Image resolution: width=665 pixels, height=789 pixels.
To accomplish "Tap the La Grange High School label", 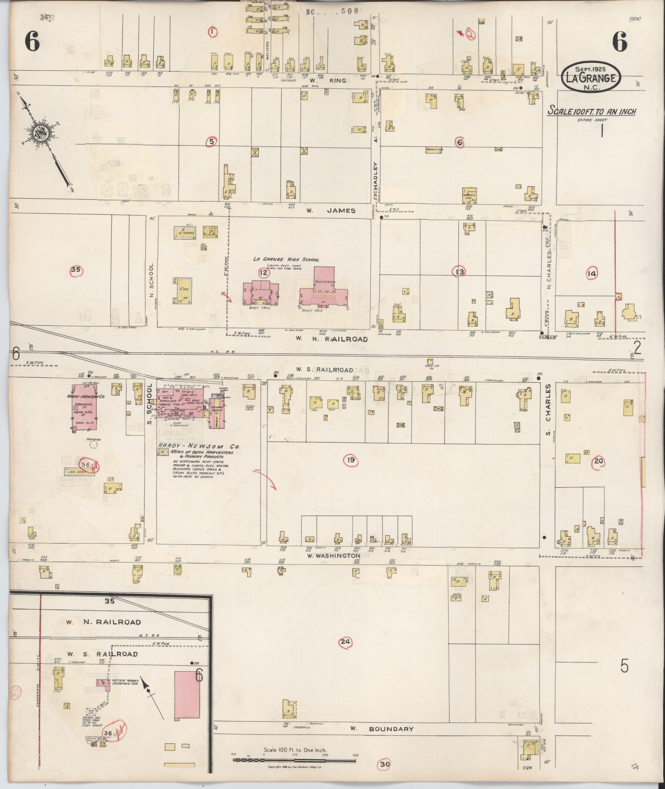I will click(286, 259).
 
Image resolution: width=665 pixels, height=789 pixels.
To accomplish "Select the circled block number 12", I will click(263, 272).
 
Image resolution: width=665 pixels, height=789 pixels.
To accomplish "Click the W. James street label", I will click(331, 210).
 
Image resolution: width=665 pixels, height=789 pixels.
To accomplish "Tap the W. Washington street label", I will click(334, 556).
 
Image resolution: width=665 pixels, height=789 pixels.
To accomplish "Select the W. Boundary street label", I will click(381, 729).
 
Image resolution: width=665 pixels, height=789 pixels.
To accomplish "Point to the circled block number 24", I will click(345, 642).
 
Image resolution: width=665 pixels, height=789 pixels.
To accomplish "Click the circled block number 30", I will click(385, 764).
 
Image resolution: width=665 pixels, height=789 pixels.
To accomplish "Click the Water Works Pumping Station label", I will click(123, 682).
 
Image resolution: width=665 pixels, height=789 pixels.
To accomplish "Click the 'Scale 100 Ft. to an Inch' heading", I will click(592, 111).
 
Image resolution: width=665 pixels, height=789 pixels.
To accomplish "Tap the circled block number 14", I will click(592, 273).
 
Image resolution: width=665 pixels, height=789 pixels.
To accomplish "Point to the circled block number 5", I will click(211, 141).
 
